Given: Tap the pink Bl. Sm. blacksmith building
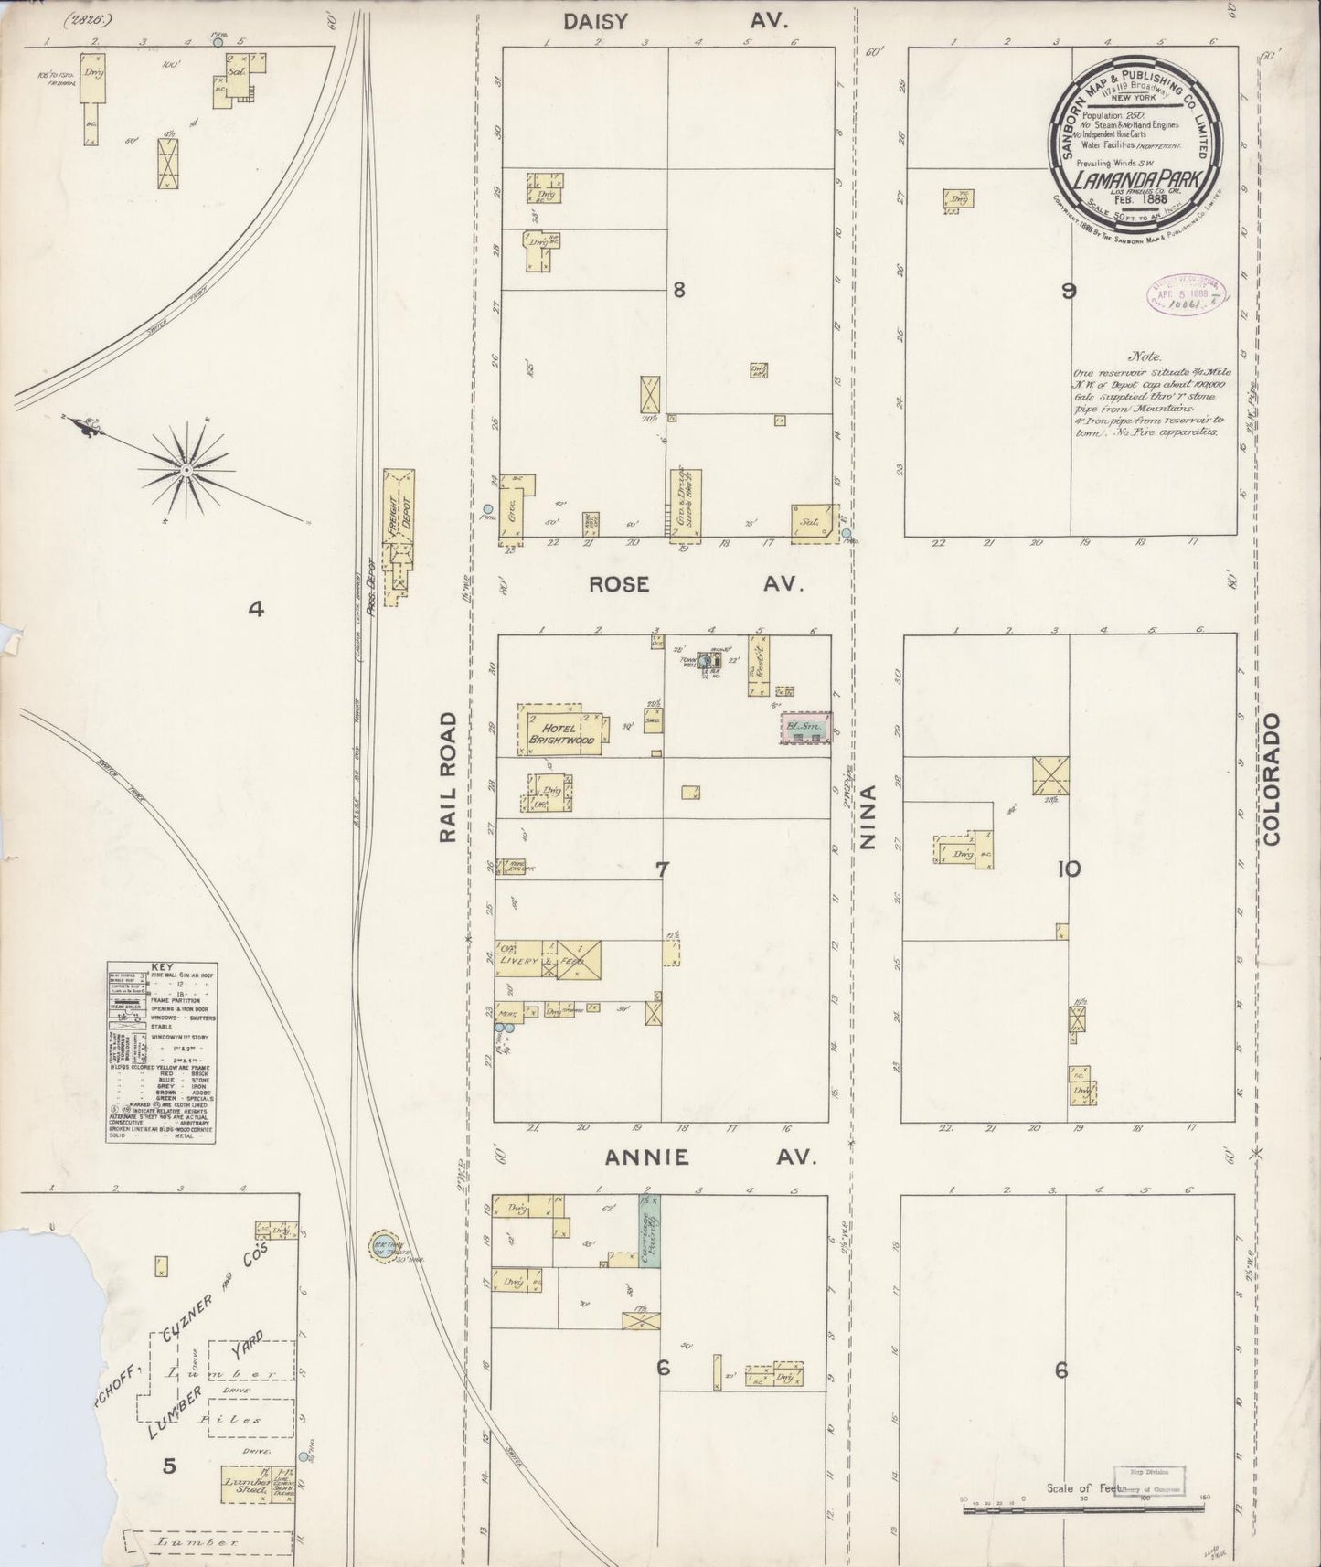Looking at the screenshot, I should point(805,729).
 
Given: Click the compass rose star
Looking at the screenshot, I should point(186,469).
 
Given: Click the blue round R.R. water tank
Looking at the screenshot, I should point(379,1246).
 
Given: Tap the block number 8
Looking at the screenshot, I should point(678,291).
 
